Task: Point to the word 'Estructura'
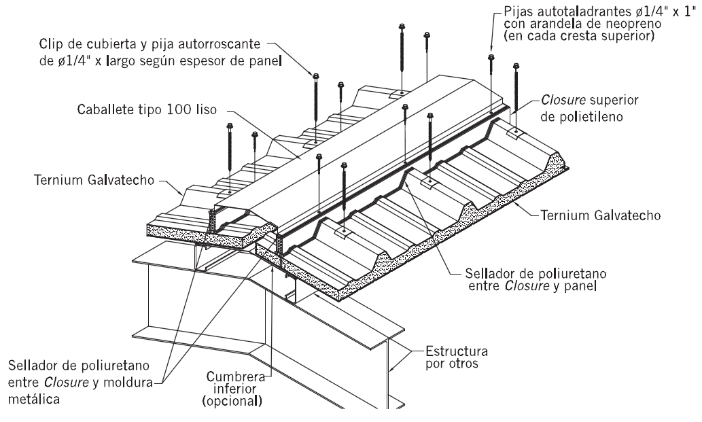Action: point(454,351)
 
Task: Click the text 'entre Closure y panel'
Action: point(502,286)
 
